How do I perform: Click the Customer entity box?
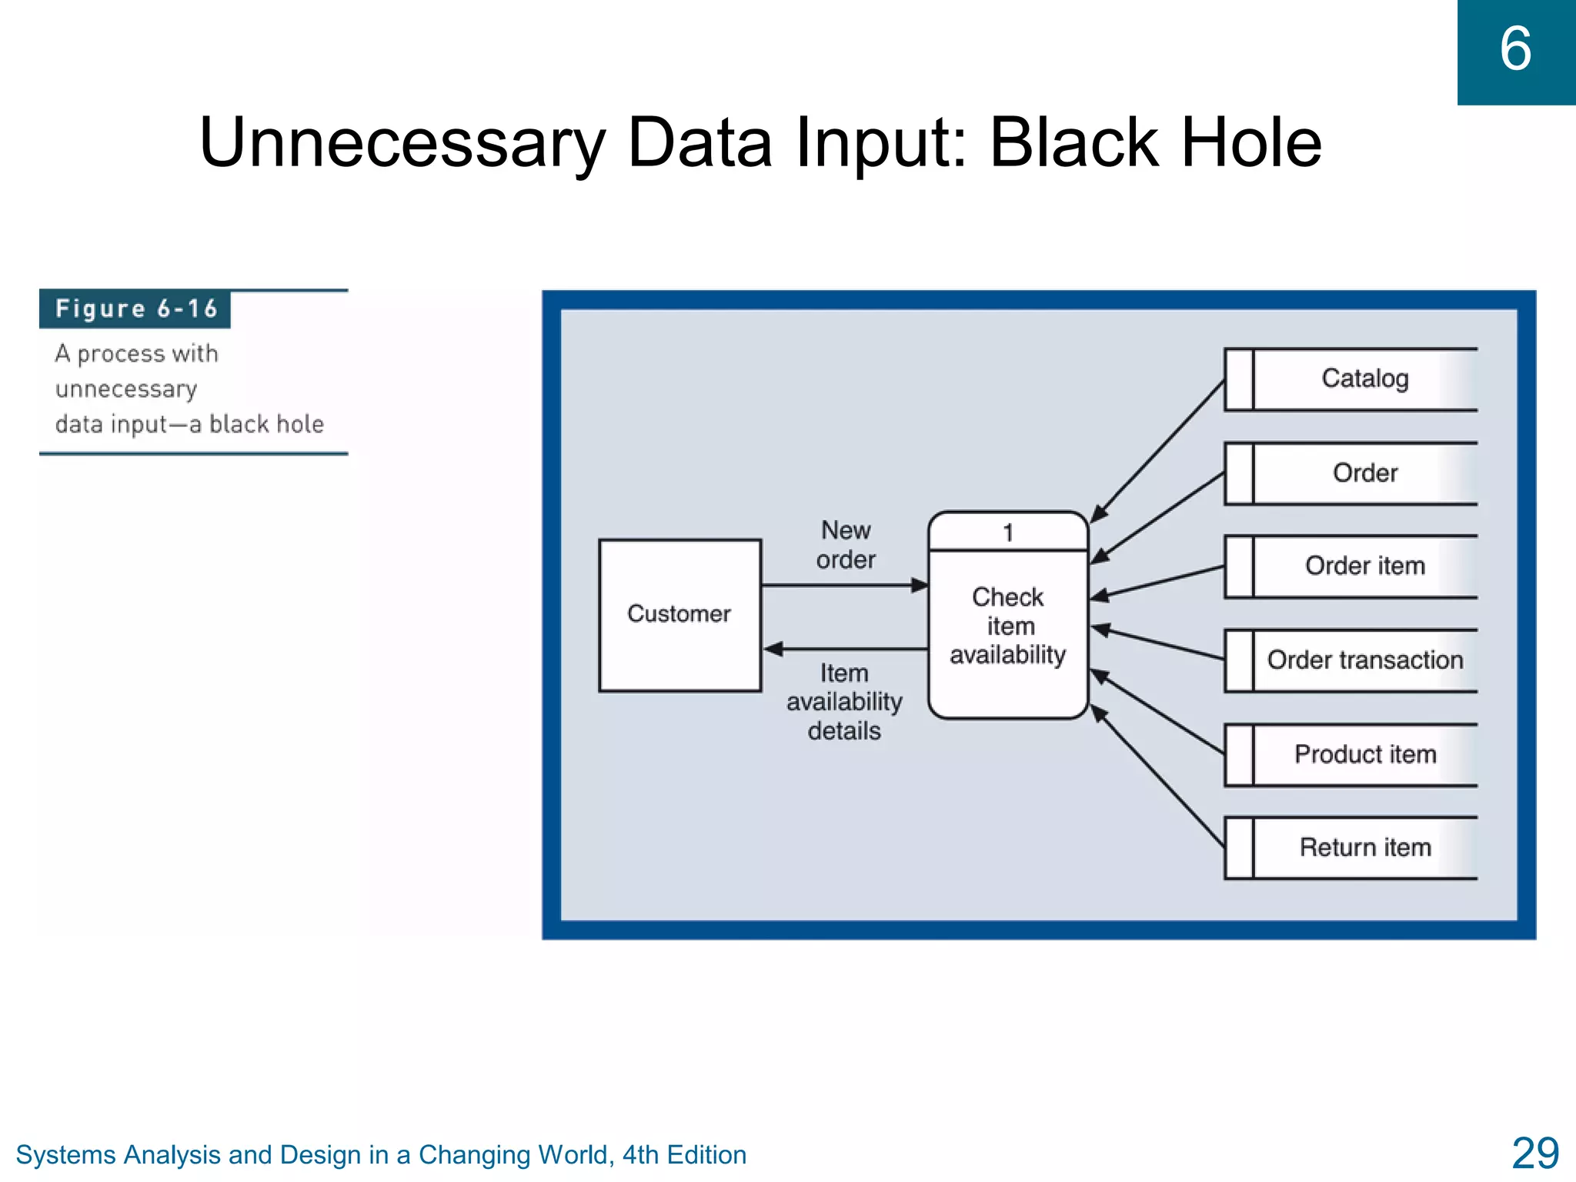pos(679,614)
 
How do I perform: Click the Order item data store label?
pos(1364,566)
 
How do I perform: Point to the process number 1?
pos(1008,533)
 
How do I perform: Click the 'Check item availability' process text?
pos(1008,626)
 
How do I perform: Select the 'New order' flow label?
pos(846,545)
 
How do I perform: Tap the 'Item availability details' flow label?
pos(844,702)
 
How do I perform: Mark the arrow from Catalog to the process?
pos(1158,451)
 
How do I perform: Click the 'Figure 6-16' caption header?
pos(135,309)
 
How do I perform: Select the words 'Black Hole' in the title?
pos(1154,143)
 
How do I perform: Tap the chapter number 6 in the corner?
pos(1515,49)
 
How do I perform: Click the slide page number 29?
pos(1534,1154)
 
